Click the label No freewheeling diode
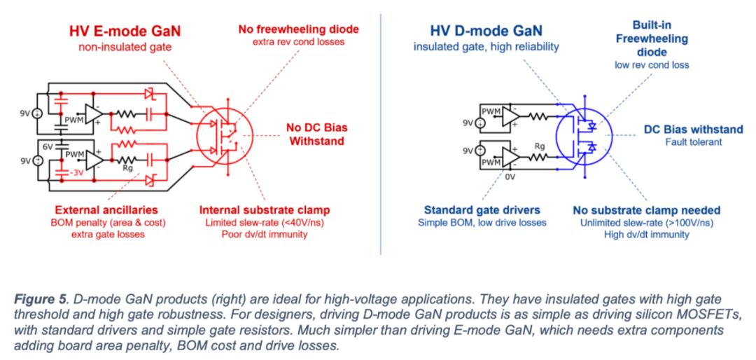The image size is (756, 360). (299, 29)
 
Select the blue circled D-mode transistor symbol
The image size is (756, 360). (582, 134)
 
